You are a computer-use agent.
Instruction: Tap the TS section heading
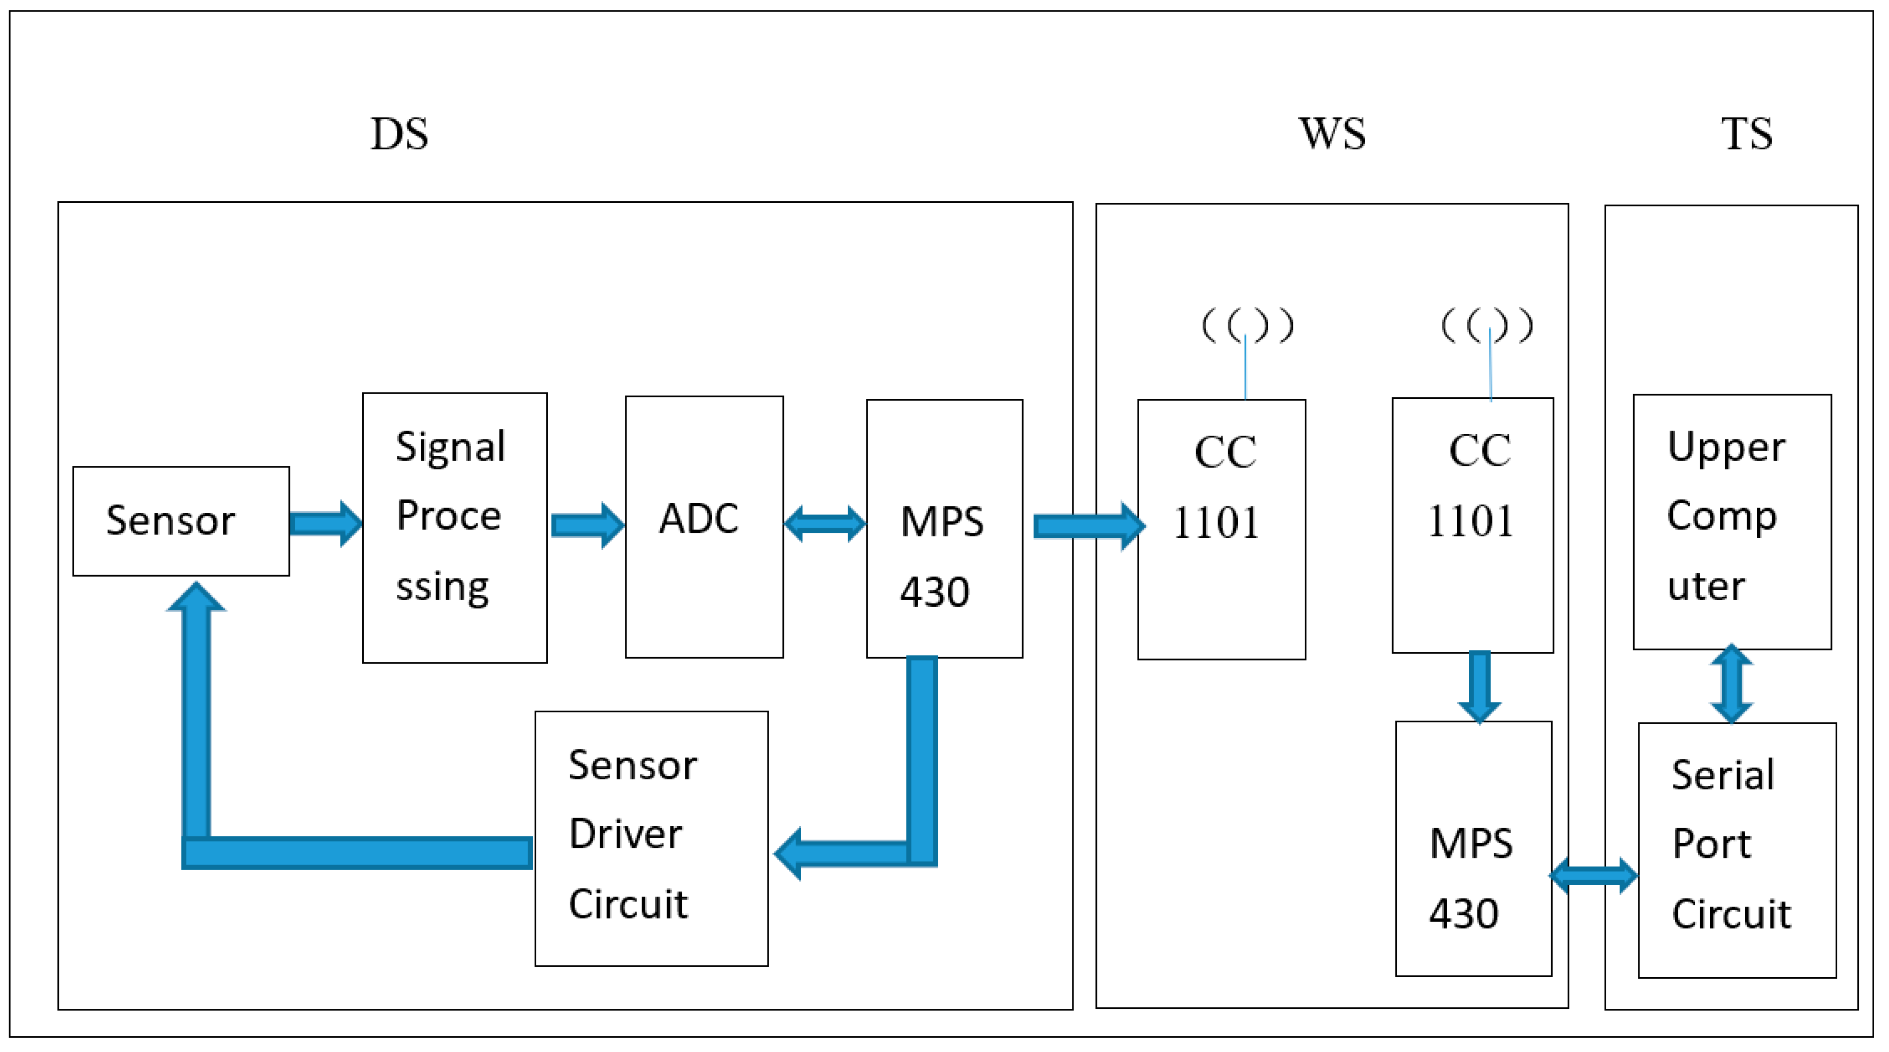click(x=1747, y=134)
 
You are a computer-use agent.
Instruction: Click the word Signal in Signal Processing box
click(x=450, y=447)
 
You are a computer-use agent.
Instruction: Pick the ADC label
click(x=698, y=519)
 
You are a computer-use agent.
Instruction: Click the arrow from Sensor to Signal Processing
click(x=325, y=524)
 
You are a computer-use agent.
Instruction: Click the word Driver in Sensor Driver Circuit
click(x=625, y=834)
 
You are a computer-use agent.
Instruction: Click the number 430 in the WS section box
click(x=1463, y=914)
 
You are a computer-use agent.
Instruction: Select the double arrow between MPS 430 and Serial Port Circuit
click(x=1593, y=875)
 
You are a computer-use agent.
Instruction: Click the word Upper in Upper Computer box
click(x=1726, y=447)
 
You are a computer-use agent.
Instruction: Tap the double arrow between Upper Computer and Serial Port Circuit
click(x=1731, y=684)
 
